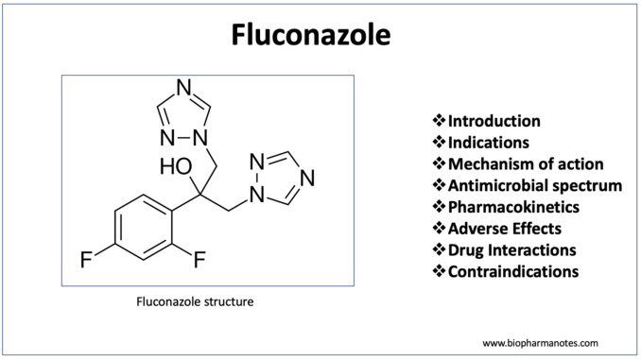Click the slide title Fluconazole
coord(311,34)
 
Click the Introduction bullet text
coord(494,121)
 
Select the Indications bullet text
coord(489,143)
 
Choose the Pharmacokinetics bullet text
coord(513,207)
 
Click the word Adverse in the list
coord(474,229)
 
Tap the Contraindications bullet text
coord(513,271)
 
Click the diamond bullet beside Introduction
coord(439,121)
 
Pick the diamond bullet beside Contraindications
coord(439,271)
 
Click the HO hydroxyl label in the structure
coord(176,166)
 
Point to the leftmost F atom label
coord(86,260)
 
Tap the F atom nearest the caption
coord(199,260)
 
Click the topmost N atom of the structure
coord(184,87)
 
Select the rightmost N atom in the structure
coord(307,178)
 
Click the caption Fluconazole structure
coord(195,301)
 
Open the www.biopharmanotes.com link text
coord(540,343)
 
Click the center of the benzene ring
coord(144,227)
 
